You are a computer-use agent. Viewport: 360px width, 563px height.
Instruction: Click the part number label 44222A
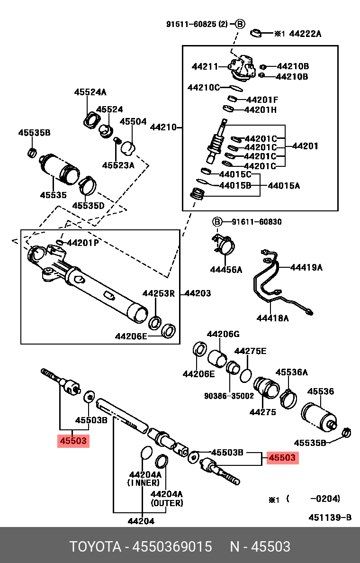(x=305, y=34)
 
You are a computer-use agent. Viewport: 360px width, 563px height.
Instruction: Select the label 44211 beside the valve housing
(x=204, y=67)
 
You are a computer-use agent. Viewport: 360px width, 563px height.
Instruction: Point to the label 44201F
(x=262, y=100)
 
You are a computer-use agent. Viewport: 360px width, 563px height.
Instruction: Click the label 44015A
(x=284, y=186)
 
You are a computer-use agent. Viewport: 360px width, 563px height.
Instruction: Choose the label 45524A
(x=90, y=92)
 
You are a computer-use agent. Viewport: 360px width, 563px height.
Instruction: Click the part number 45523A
(x=118, y=165)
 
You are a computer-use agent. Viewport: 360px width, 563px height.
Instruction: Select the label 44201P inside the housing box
(x=83, y=243)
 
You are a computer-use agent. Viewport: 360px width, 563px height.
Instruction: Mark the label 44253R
(x=159, y=294)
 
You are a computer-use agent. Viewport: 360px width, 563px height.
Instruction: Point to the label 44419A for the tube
(x=306, y=267)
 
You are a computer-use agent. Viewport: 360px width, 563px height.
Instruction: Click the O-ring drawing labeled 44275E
(x=245, y=375)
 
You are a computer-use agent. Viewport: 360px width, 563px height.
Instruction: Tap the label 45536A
(x=292, y=372)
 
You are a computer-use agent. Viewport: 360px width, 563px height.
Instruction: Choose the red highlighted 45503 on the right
(x=282, y=457)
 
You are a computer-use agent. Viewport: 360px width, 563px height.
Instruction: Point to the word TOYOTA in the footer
(x=95, y=546)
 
